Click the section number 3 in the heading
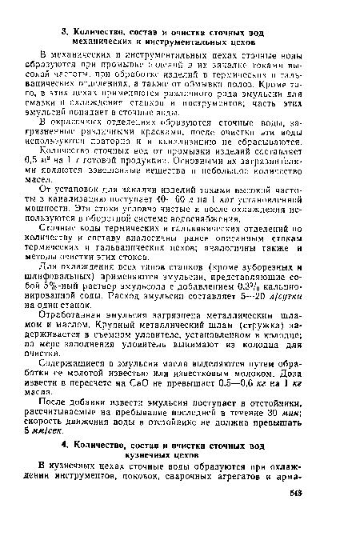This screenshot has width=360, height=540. click(66, 8)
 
